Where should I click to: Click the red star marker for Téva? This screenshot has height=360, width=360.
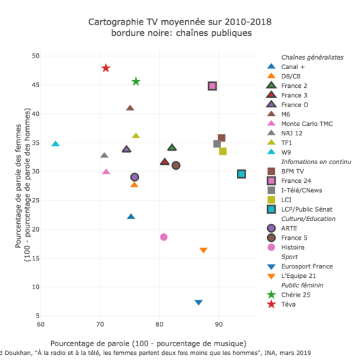click(x=106, y=68)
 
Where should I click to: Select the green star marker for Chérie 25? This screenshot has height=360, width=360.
click(x=136, y=81)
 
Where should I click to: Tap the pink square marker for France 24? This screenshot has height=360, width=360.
click(x=212, y=86)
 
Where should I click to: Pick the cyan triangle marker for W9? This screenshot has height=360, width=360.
click(x=55, y=144)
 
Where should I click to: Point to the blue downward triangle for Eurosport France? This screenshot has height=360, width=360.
click(x=199, y=302)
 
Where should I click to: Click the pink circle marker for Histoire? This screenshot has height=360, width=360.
click(x=163, y=237)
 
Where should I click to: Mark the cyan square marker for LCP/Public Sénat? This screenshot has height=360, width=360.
click(x=241, y=174)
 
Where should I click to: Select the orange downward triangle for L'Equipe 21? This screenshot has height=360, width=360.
click(x=204, y=251)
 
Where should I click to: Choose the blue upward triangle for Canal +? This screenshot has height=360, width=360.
click(x=131, y=217)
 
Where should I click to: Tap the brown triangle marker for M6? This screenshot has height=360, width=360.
click(x=130, y=108)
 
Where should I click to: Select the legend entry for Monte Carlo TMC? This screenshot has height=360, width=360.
click(x=300, y=124)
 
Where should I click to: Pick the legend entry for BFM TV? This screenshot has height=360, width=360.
click(x=285, y=171)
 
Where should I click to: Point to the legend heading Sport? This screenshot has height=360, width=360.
click(x=289, y=257)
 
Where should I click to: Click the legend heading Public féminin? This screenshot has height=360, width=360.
click(x=302, y=285)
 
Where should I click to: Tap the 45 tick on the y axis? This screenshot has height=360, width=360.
click(x=35, y=85)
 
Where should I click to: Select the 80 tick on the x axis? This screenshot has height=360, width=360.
click(x=159, y=325)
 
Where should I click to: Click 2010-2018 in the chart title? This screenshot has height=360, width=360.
click(x=248, y=22)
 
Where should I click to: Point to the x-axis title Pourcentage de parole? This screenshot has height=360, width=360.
click(x=90, y=343)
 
